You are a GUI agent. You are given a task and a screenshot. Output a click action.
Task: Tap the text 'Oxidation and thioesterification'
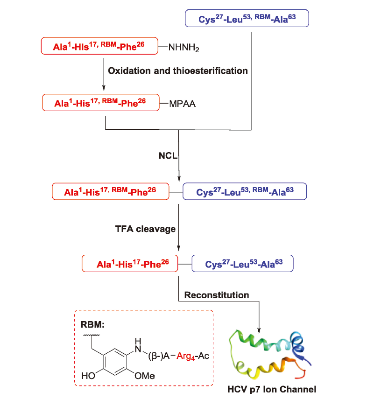click(x=178, y=71)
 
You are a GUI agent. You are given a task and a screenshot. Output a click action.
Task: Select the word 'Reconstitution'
click(x=217, y=295)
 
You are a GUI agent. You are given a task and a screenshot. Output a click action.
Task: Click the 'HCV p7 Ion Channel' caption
click(x=271, y=388)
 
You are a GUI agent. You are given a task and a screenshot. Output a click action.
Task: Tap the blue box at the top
click(x=247, y=19)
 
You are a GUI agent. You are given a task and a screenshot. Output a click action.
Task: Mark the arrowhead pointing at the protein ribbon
click(x=259, y=327)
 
